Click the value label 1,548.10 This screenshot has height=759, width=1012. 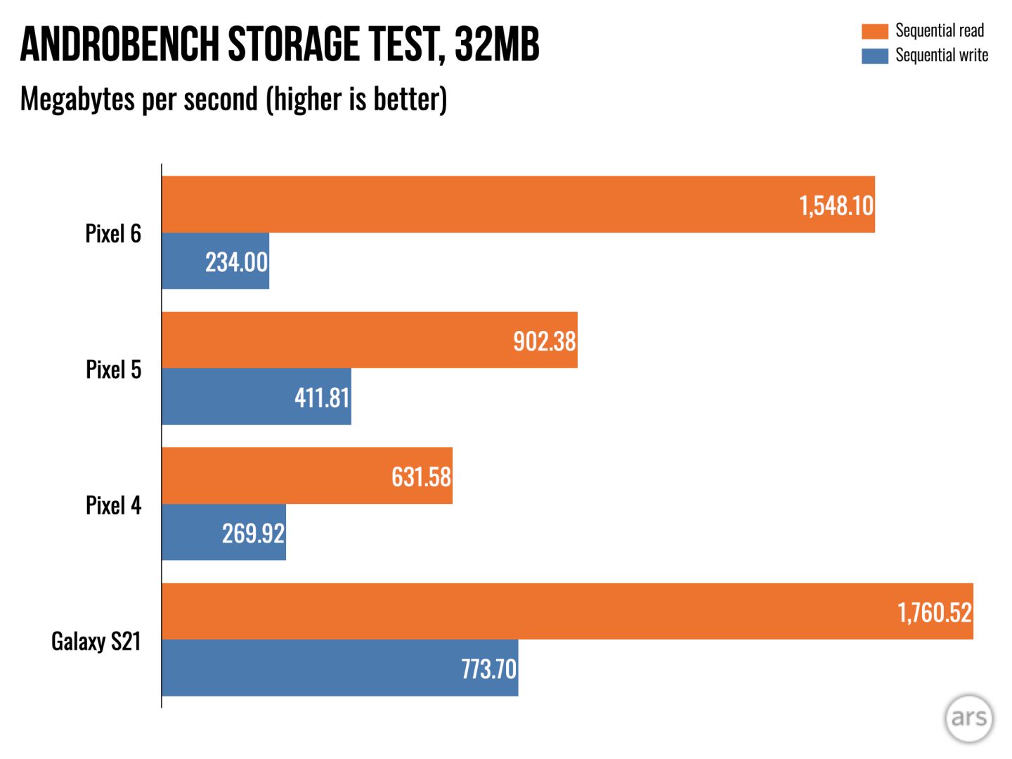click(836, 205)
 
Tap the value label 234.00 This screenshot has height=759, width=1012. click(236, 262)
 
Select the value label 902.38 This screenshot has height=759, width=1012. click(544, 342)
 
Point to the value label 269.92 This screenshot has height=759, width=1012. click(253, 533)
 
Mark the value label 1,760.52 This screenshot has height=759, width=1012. click(934, 612)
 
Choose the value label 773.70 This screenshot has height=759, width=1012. click(488, 669)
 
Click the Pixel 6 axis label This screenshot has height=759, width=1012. click(113, 233)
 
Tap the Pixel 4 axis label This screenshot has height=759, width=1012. click(113, 505)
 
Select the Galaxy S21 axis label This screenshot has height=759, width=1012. click(96, 641)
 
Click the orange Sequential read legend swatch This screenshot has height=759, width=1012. click(875, 31)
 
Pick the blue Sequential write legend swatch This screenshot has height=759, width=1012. click(875, 56)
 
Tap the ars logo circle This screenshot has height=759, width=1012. click(968, 718)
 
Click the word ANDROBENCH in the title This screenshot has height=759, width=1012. click(119, 44)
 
